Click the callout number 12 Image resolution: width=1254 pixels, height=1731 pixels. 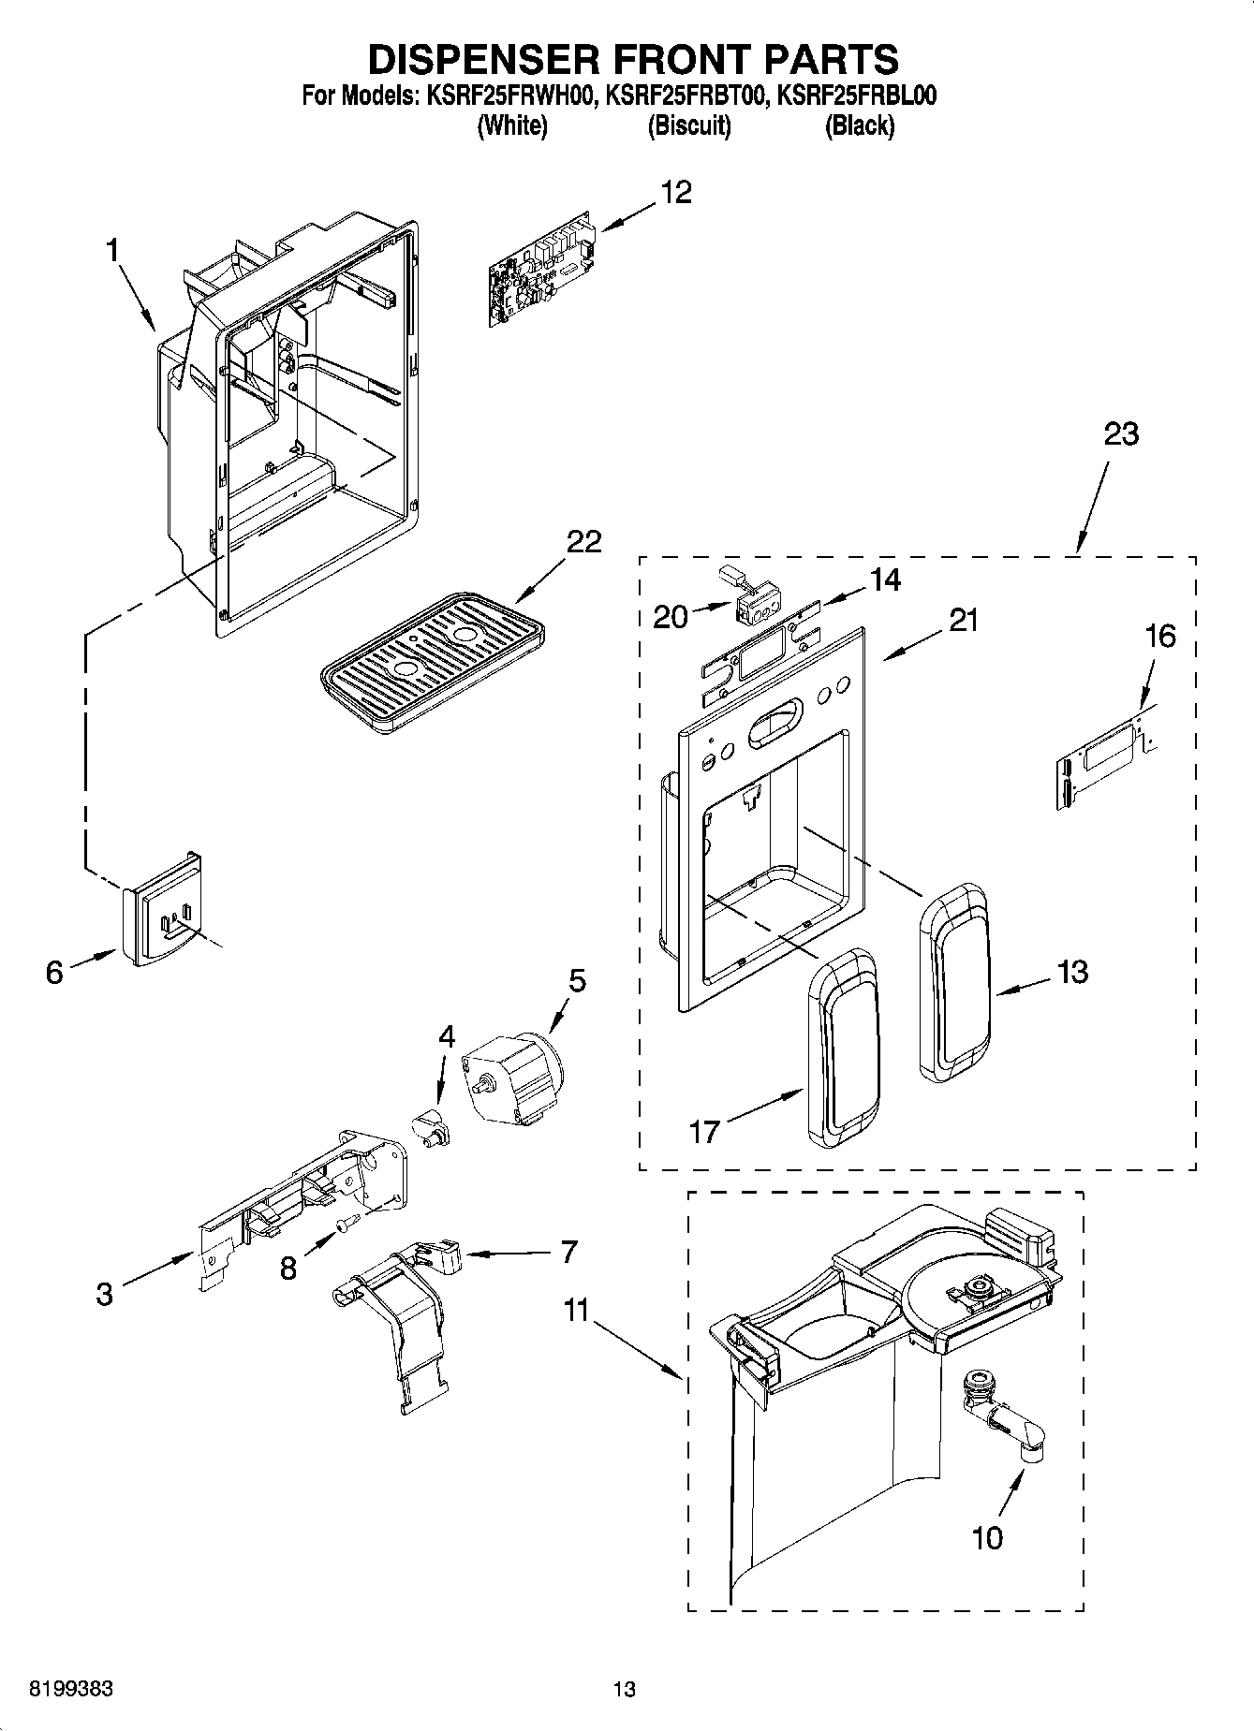click(x=676, y=193)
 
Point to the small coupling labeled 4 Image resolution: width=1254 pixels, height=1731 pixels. click(x=432, y=1122)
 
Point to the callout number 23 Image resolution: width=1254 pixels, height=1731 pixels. click(x=1120, y=434)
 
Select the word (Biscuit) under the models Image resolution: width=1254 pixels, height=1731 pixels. click(x=688, y=126)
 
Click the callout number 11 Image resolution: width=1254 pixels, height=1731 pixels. click(x=576, y=1310)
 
